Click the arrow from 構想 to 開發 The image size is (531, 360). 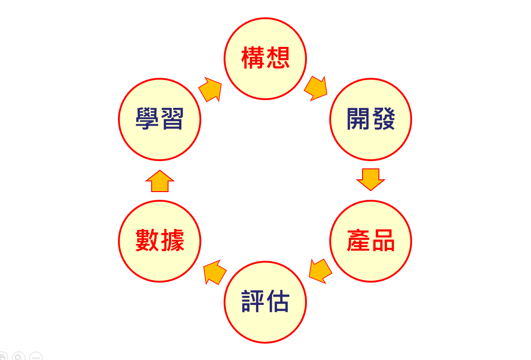(x=316, y=88)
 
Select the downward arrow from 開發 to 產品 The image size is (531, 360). (x=371, y=179)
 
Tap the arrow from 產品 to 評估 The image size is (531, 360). (x=320, y=271)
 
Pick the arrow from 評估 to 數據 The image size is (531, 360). (x=214, y=272)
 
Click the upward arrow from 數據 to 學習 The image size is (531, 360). (x=160, y=182)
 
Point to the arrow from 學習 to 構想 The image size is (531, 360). (x=210, y=89)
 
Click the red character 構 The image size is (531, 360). (x=253, y=58)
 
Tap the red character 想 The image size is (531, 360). (x=278, y=58)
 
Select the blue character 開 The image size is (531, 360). (x=358, y=119)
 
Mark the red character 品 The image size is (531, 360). (x=383, y=241)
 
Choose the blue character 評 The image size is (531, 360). (x=253, y=302)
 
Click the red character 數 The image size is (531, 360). (x=147, y=241)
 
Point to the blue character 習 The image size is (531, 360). (x=172, y=119)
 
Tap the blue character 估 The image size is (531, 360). (x=278, y=302)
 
